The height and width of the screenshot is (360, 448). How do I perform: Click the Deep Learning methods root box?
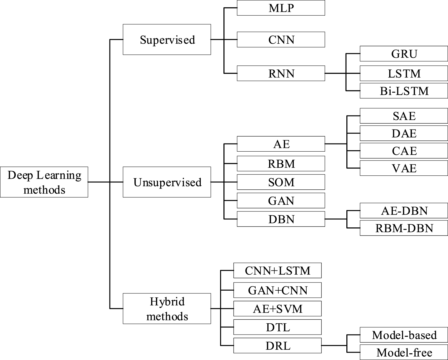coord(44,182)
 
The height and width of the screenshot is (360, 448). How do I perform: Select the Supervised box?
coord(167,39)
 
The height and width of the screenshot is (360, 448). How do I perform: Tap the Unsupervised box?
coord(167,182)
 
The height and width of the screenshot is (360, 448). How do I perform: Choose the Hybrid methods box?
coord(167,309)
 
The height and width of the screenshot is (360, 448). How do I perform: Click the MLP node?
coord(281,8)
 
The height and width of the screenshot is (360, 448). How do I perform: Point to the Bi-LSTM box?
coord(404,91)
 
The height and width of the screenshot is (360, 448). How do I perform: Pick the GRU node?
coord(404,54)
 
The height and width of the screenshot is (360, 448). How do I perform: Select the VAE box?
coord(404,168)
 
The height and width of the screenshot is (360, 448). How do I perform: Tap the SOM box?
coord(281,182)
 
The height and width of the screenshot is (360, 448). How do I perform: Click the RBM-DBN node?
coord(404,228)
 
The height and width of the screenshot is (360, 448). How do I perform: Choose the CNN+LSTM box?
coord(277,270)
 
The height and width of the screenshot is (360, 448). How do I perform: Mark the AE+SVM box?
coord(277,309)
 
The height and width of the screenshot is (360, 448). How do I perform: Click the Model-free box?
coord(404,352)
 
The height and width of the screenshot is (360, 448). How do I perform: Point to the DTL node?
coord(277,327)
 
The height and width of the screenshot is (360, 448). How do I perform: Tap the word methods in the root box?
coord(44,190)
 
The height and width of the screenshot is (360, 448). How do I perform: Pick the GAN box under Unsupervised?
coord(281,201)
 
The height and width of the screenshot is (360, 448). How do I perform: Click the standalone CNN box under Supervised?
coord(281,39)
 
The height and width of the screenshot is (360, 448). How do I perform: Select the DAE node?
coord(404,133)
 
